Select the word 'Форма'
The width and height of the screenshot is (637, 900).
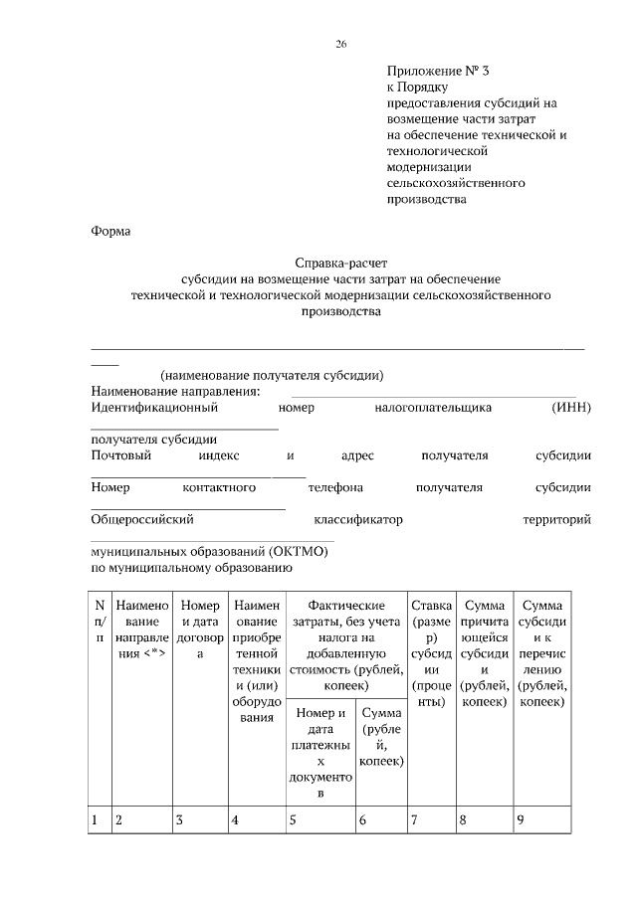[110, 232]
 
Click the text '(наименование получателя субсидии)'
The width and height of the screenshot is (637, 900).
[272, 375]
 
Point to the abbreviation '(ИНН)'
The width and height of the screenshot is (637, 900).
[571, 407]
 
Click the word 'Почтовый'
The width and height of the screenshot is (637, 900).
[120, 455]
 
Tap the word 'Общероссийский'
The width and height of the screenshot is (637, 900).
[141, 519]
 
